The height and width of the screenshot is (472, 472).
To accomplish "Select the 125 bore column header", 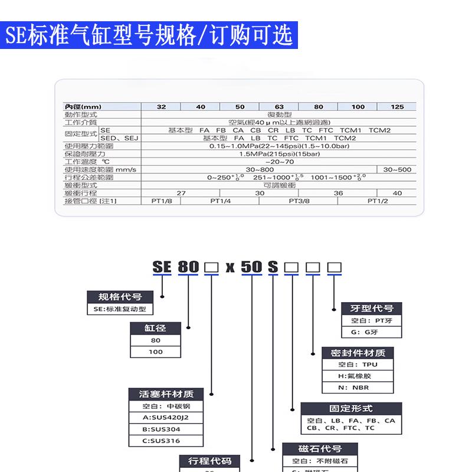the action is [398, 107].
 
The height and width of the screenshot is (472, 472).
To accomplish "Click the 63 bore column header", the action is [279, 107].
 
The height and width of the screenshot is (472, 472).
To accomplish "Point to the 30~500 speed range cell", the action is [398, 169].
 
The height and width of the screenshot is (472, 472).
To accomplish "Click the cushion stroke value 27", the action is [181, 193].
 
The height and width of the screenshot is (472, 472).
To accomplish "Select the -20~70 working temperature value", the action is [279, 162].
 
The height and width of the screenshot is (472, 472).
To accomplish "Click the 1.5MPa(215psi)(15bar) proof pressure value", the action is [279, 153].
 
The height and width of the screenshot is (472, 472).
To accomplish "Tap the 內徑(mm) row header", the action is [83, 107].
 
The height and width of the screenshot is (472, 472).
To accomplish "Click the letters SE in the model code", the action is [162, 267].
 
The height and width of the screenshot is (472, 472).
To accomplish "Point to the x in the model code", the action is [230, 267].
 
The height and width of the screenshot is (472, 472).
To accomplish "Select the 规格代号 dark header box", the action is [120, 297].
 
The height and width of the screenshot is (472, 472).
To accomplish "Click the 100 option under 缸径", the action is [156, 352].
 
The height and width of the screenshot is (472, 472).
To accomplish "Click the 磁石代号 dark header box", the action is [320, 449].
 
